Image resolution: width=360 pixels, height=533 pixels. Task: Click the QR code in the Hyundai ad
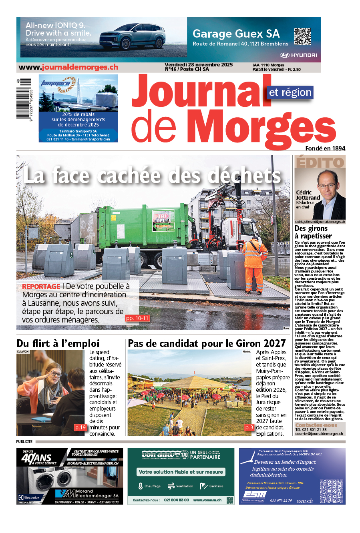[302, 36]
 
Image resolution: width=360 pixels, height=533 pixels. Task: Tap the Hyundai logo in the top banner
[298, 55]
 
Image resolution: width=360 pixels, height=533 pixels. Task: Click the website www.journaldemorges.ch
[68, 67]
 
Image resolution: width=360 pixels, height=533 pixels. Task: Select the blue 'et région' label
[290, 92]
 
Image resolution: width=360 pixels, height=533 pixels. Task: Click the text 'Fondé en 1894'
[325, 148]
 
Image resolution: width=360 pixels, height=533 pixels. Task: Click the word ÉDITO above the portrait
[320, 162]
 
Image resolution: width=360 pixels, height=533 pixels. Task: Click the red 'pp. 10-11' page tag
[137, 318]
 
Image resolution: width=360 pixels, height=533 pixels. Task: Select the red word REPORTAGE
[41, 287]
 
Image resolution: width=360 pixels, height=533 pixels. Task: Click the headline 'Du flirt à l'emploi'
[58, 343]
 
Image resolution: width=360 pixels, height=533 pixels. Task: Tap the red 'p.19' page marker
[80, 427]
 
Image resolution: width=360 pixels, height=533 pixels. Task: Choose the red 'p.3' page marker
[249, 427]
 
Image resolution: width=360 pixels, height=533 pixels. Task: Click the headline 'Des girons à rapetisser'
[313, 232]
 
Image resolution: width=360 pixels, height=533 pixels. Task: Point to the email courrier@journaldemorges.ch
[319, 433]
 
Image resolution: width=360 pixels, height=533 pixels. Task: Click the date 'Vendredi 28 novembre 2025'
[199, 65]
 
